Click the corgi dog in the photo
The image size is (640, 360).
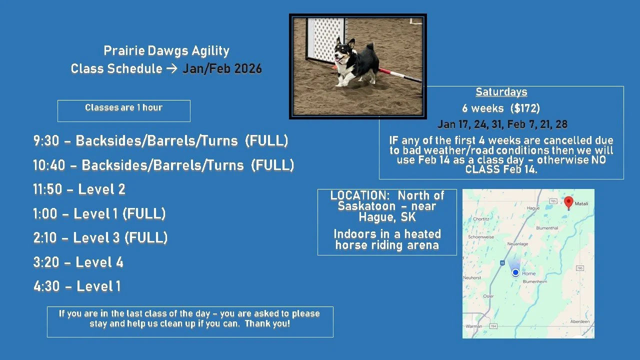355,62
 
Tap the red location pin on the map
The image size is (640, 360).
568,202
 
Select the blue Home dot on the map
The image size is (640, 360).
515,272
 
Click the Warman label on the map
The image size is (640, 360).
473,326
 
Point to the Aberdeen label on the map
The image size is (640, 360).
579,321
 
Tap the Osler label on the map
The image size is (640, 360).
488,296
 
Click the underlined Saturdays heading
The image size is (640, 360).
501,92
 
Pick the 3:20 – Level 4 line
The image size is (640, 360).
78,262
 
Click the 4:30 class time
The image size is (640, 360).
46,286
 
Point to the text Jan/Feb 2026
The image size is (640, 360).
222,69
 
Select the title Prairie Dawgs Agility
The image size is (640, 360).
166,51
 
